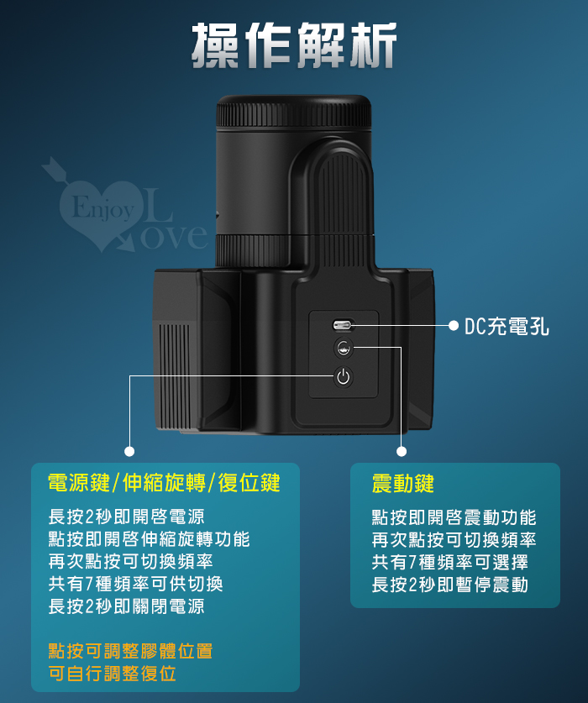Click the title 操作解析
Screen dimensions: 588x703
pyautogui.click(x=294, y=45)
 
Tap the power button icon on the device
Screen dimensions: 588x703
pyautogui.click(x=343, y=376)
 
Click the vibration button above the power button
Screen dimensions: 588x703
pyautogui.click(x=344, y=348)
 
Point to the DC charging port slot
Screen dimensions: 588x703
pyautogui.click(x=343, y=325)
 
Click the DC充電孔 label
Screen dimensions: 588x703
pyautogui.click(x=507, y=326)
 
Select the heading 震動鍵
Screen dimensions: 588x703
pyautogui.click(x=402, y=484)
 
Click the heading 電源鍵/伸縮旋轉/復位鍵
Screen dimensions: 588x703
pyautogui.click(x=164, y=483)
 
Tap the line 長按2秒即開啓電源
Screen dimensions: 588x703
pyautogui.click(x=127, y=517)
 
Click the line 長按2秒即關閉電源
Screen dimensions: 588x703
pyautogui.click(x=127, y=606)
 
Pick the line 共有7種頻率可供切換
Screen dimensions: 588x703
pyautogui.click(x=136, y=584)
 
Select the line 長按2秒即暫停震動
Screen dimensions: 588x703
pyautogui.click(x=450, y=585)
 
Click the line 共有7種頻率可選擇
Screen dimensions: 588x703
pyautogui.click(x=450, y=562)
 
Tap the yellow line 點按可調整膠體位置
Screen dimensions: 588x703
pyautogui.click(x=130, y=651)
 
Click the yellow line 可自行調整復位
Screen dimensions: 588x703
pyautogui.click(x=112, y=674)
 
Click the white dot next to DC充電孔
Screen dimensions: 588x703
pyautogui.click(x=454, y=326)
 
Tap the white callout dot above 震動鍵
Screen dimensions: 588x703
pyautogui.click(x=402, y=452)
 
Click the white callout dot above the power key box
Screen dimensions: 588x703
pyautogui.click(x=129, y=452)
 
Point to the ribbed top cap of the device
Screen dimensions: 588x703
pyautogui.click(x=294, y=112)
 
